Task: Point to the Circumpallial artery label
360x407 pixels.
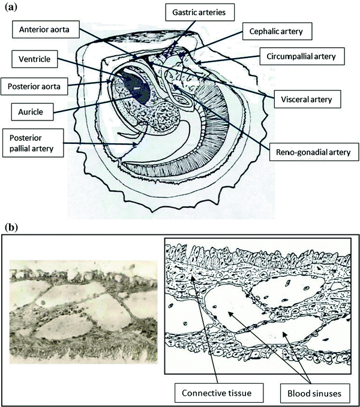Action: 305,56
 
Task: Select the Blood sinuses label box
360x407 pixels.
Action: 308,393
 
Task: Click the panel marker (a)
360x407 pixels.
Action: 11,7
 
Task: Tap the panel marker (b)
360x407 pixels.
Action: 11,228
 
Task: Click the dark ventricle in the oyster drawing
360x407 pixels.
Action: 135,88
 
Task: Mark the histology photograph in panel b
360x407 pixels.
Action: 82,312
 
